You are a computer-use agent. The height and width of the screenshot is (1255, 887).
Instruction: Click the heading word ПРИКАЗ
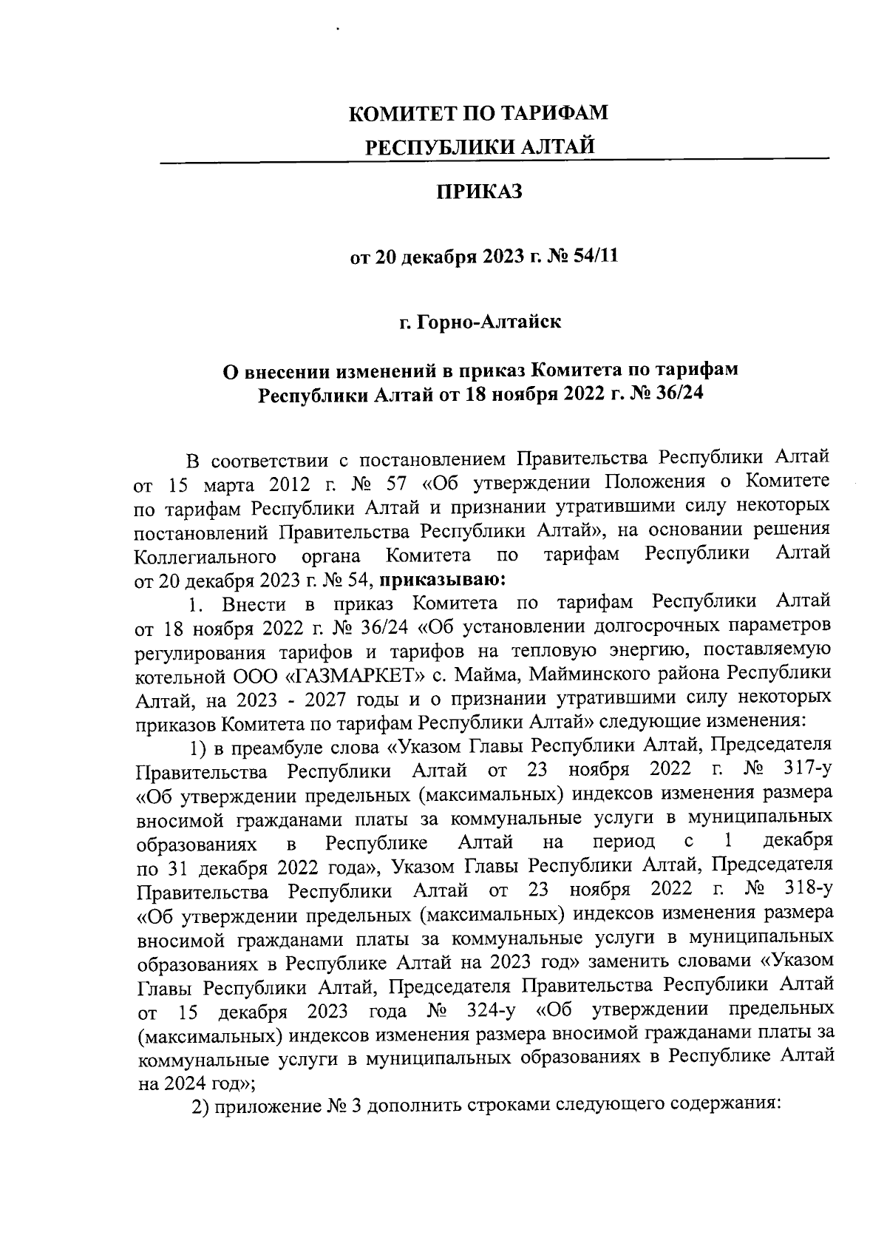click(x=479, y=192)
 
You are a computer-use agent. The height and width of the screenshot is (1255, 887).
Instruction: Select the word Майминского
click(x=594, y=674)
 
